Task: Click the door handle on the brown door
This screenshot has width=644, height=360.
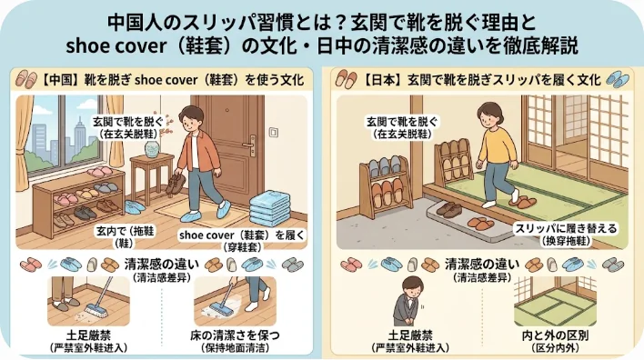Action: pyautogui.click(x=250, y=145)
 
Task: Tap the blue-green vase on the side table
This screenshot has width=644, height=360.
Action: pyautogui.click(x=152, y=149)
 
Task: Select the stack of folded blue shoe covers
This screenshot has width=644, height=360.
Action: pyautogui.click(x=269, y=207)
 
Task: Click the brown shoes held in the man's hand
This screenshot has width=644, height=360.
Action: pyautogui.click(x=176, y=184)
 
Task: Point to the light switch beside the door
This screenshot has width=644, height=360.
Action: pyautogui.click(x=274, y=132)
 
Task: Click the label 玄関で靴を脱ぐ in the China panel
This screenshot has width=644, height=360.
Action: pyautogui.click(x=127, y=122)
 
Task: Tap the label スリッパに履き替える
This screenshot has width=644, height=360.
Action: pyautogui.click(x=568, y=229)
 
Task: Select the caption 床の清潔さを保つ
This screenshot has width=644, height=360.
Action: pyautogui.click(x=235, y=335)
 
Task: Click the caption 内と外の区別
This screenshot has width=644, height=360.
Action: pyautogui.click(x=555, y=335)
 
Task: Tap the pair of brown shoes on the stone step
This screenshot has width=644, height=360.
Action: pyautogui.click(x=449, y=209)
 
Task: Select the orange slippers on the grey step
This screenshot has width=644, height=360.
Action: pyautogui.click(x=481, y=224)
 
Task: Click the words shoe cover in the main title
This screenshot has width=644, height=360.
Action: pyautogui.click(x=116, y=46)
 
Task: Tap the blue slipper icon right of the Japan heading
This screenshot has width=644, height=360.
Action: pyautogui.click(x=618, y=79)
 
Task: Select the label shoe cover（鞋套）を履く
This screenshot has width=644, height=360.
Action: pyautogui.click(x=242, y=235)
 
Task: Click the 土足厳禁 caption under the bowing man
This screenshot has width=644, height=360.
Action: pyautogui.click(x=410, y=335)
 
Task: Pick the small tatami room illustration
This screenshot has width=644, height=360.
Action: pyautogui.click(x=555, y=301)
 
